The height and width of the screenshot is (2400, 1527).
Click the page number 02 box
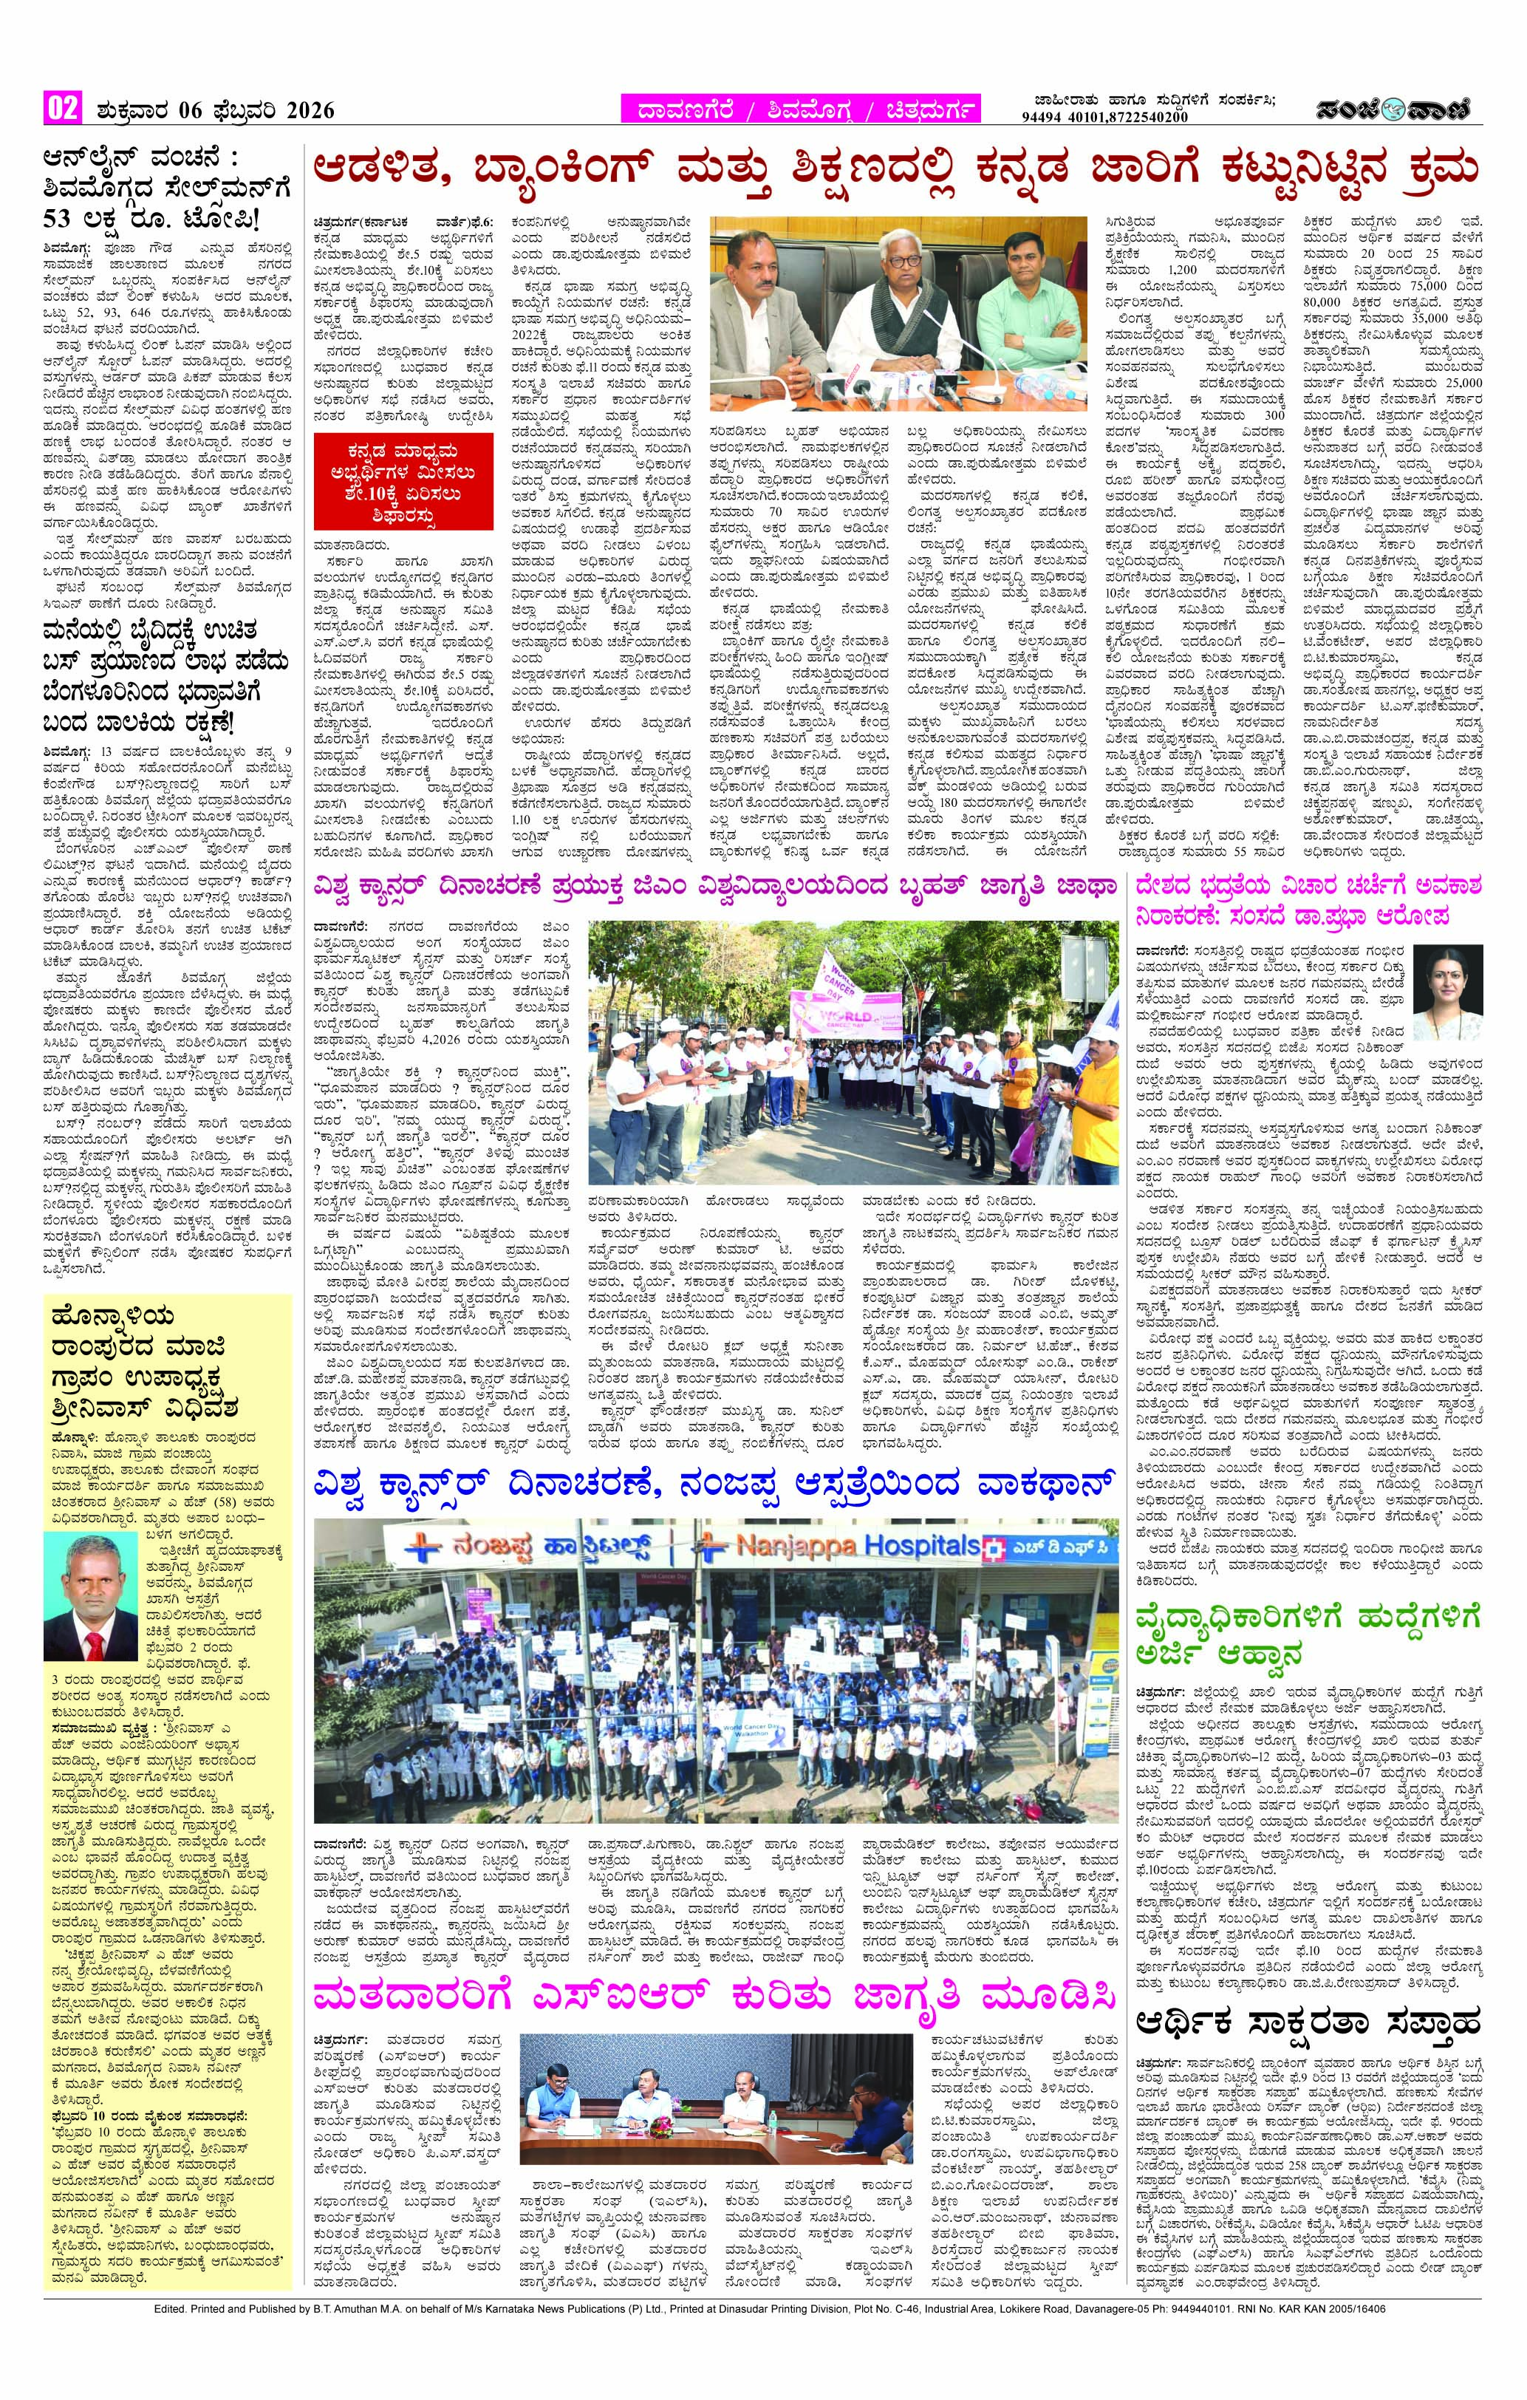tap(61, 108)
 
